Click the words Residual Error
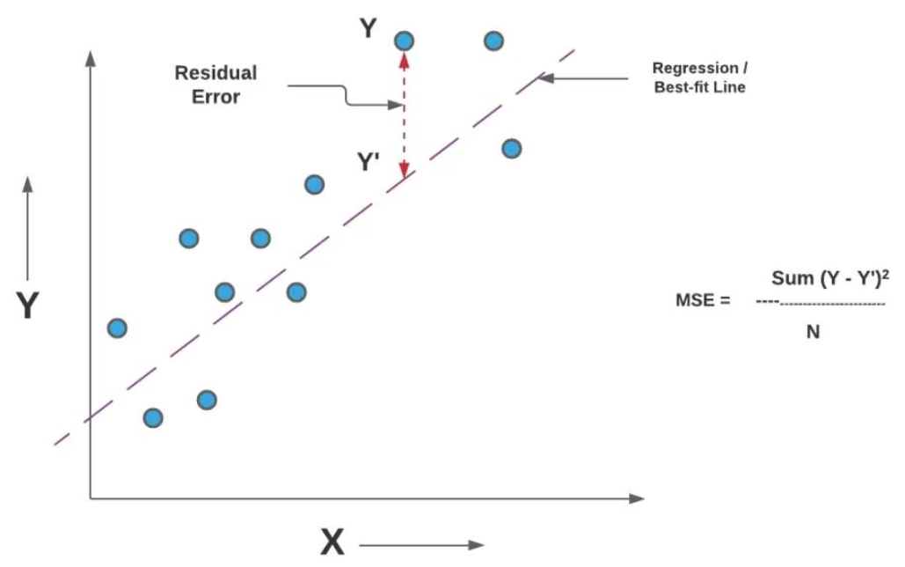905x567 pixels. pos(215,85)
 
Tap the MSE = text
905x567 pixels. pos(703,300)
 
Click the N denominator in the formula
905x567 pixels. pos(813,333)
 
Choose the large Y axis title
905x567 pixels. pos(28,306)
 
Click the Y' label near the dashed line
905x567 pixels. pos(369,163)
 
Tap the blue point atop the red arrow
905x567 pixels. pos(404,40)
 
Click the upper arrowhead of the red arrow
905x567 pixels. pos(404,59)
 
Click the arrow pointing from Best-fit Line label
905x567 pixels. pos(585,78)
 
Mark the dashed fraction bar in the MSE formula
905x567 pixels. pos(821,305)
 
